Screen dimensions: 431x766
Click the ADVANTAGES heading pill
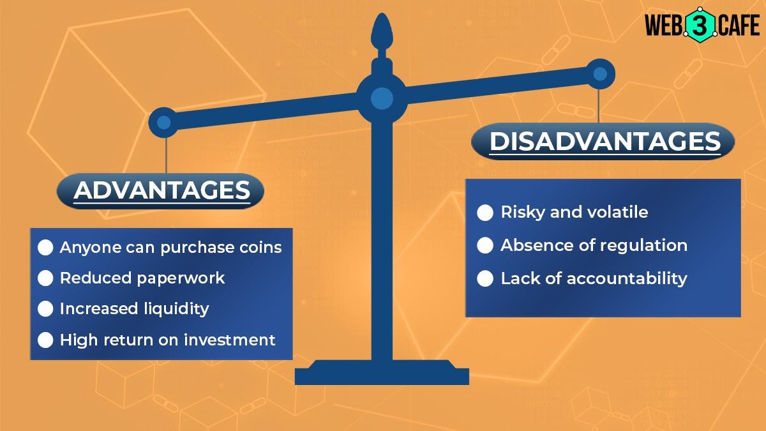tap(161, 190)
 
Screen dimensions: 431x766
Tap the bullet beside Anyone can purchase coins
tap(45, 248)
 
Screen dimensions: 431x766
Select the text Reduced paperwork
tap(142, 278)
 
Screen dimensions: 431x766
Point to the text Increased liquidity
tap(134, 309)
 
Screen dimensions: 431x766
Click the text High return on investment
tap(167, 340)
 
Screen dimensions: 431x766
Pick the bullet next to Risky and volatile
tap(485, 213)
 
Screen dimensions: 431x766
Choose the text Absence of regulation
tap(594, 245)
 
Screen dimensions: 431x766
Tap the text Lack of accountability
tap(594, 278)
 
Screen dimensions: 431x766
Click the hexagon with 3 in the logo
tap(693, 26)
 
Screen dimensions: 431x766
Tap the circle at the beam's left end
tap(163, 122)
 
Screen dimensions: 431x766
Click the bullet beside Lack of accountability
tap(485, 278)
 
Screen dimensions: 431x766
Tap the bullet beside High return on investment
tap(45, 340)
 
